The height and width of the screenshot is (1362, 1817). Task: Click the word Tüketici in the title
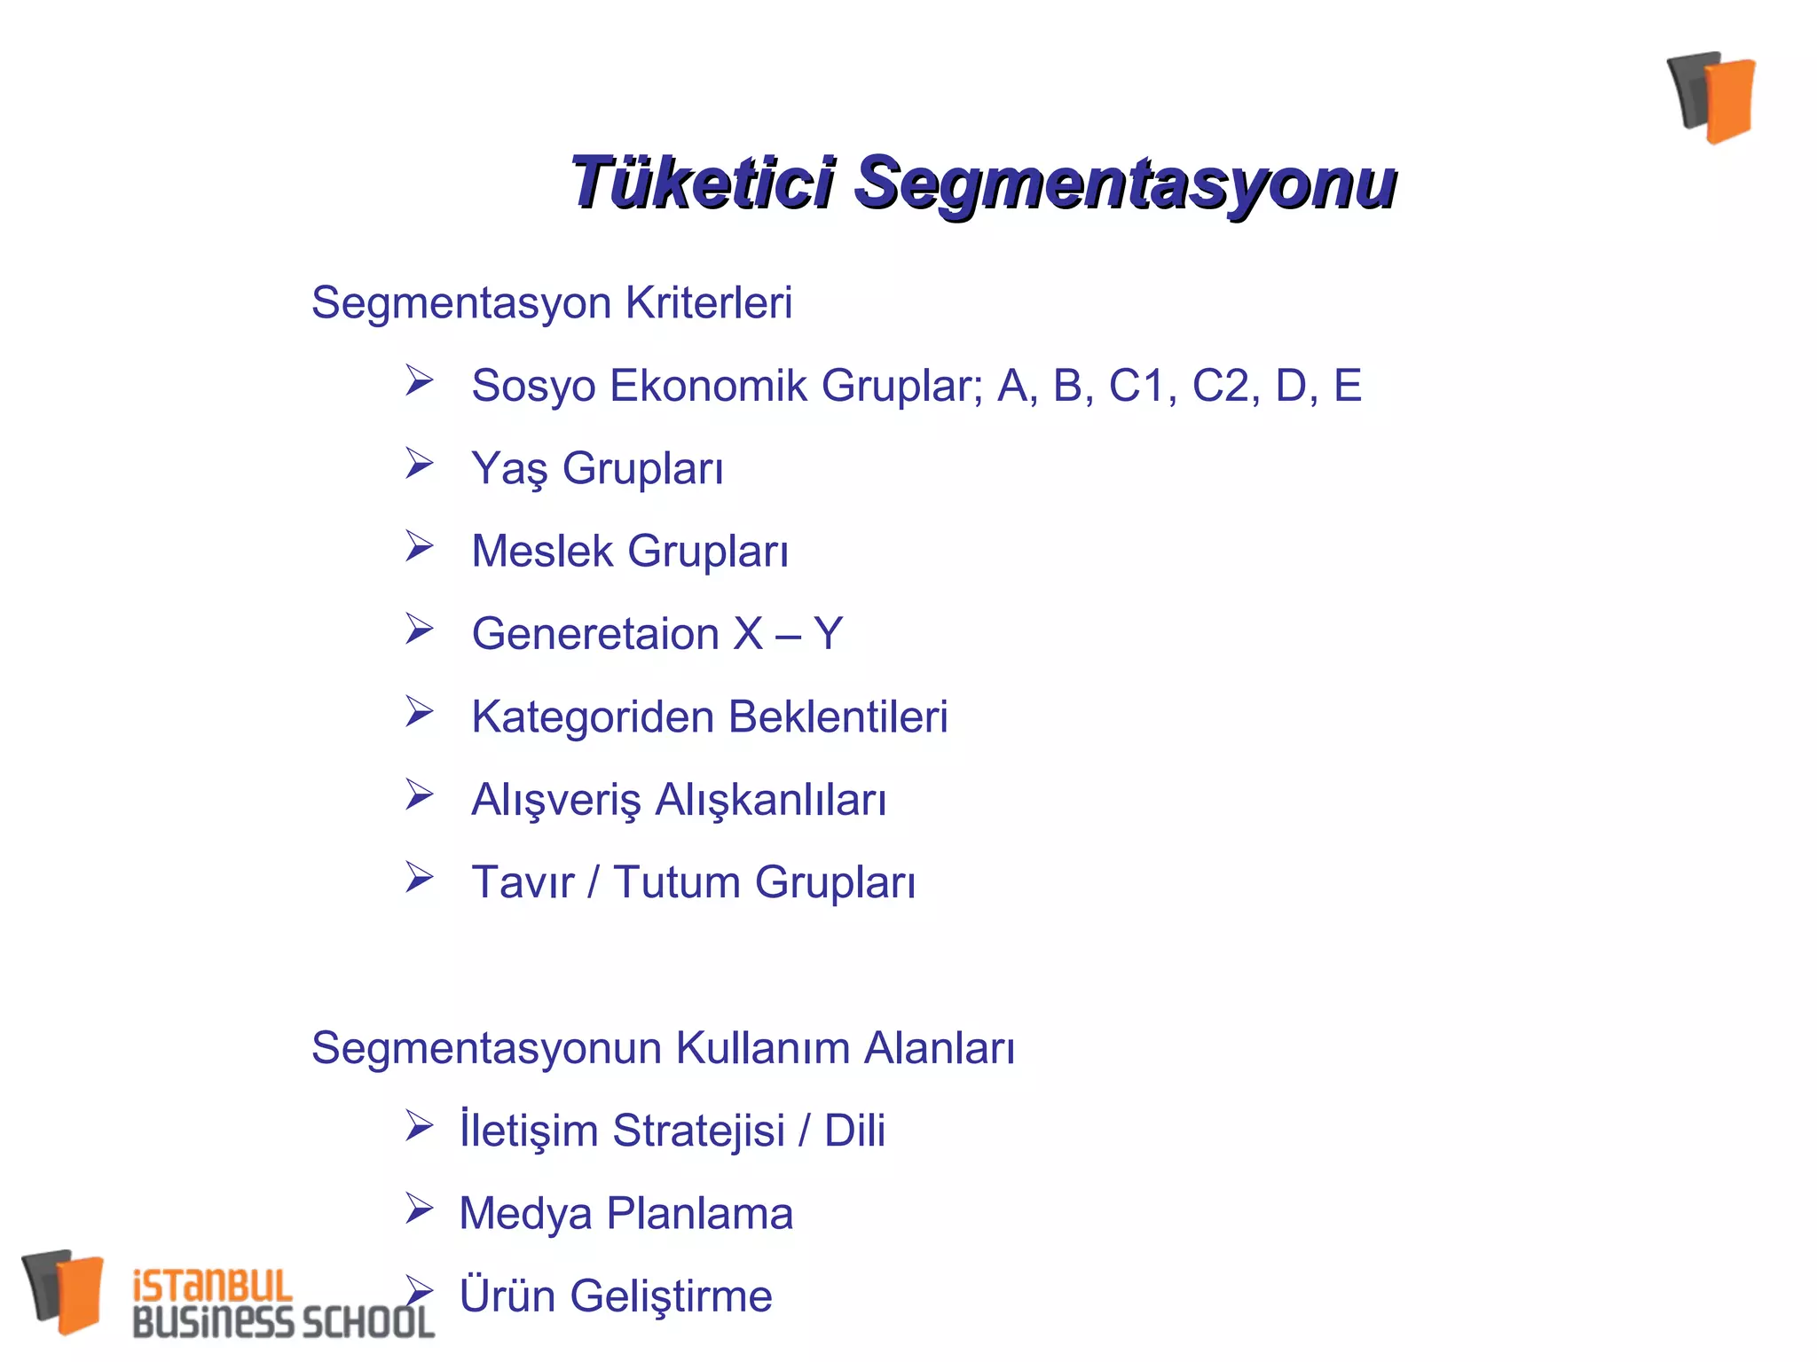tap(702, 183)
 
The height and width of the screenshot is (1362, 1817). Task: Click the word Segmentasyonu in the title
tap(1125, 183)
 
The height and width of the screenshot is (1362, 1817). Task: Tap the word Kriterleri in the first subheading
tap(708, 302)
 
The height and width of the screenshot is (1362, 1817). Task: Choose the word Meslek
tap(542, 551)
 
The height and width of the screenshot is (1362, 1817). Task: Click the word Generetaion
tap(595, 634)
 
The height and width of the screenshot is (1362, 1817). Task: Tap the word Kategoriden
tap(592, 717)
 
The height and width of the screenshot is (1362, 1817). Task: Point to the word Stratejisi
tap(698, 1131)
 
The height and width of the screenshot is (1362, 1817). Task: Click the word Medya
tap(525, 1214)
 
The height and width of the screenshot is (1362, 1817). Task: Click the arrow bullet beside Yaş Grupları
tap(419, 463)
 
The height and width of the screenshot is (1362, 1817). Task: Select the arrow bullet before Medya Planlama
tap(419, 1208)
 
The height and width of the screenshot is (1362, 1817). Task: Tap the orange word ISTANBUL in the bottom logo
tap(212, 1286)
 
